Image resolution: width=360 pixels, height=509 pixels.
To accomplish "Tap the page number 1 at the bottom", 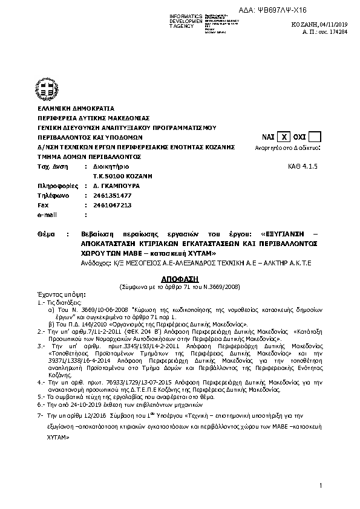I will click(322, 486).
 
